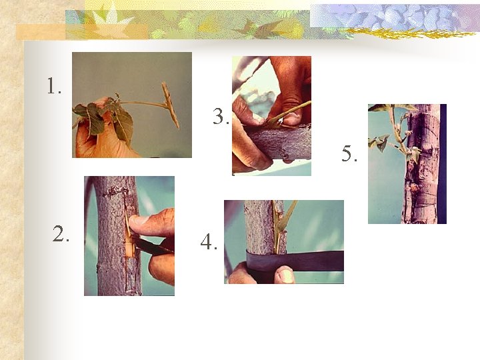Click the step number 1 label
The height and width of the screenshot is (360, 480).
pyautogui.click(x=54, y=86)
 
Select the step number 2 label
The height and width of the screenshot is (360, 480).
pyautogui.click(x=61, y=233)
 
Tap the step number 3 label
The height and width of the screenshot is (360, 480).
pyautogui.click(x=221, y=117)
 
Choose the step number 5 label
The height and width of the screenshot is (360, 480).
pyautogui.click(x=349, y=154)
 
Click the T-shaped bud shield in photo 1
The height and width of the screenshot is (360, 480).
pyautogui.click(x=170, y=105)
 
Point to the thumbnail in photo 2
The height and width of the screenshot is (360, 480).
pyautogui.click(x=138, y=221)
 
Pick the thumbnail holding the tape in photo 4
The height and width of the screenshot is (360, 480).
pyautogui.click(x=287, y=275)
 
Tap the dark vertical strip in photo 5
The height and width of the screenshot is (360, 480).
pyautogui.click(x=443, y=164)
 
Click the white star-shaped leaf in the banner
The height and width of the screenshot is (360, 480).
pyautogui.click(x=109, y=20)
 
